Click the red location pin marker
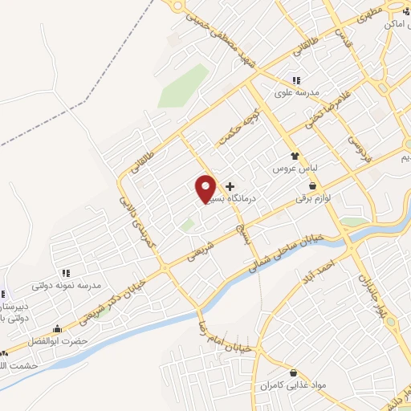[205, 189]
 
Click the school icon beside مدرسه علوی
[296, 80]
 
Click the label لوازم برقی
[313, 197]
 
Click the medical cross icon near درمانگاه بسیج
[230, 185]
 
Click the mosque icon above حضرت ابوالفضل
[57, 329]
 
